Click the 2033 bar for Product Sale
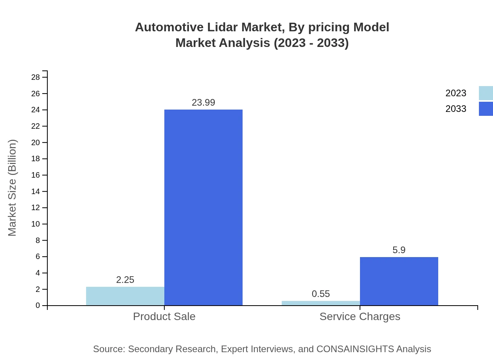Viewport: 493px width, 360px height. tap(203, 207)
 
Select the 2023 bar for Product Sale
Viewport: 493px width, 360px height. tap(125, 296)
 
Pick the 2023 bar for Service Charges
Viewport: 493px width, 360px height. tap(321, 303)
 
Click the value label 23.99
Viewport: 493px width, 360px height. tap(203, 103)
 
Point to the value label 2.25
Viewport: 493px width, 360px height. tap(125, 280)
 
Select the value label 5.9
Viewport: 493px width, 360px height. tap(399, 250)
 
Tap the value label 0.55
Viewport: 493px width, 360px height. tap(321, 294)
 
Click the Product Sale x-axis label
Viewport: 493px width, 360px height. tap(164, 316)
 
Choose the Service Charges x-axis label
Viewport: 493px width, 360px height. tap(360, 316)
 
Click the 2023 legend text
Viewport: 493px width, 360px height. tap(456, 93)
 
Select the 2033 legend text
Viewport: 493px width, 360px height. tap(456, 109)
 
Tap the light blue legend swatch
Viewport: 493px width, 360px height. tap(486, 93)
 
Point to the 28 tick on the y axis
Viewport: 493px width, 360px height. tap(36, 77)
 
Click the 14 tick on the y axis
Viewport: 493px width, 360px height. tap(36, 191)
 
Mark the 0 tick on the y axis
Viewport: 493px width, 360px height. tap(38, 306)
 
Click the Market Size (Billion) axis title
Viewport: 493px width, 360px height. tap(13, 188)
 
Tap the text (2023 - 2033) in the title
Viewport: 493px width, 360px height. tap(311, 43)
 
